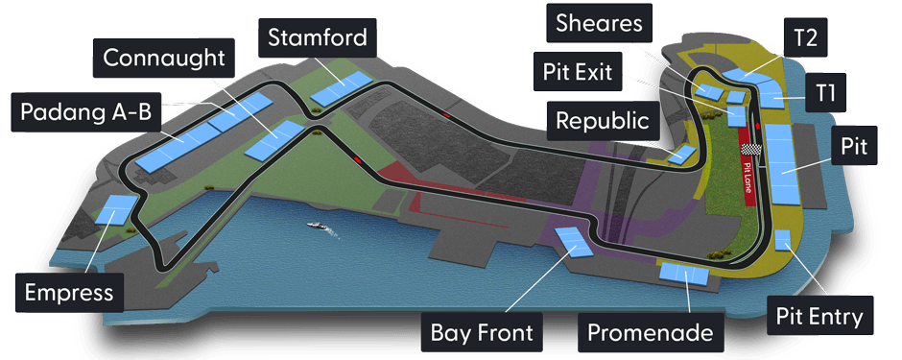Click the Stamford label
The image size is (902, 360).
pyautogui.click(x=318, y=38)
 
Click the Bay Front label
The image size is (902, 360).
pyautogui.click(x=482, y=333)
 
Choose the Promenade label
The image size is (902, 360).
pyautogui.click(x=651, y=333)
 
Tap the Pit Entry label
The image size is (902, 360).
pyautogui.click(x=819, y=316)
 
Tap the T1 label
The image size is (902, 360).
pyautogui.click(x=824, y=91)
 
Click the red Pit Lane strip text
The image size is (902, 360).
pyautogui.click(x=748, y=178)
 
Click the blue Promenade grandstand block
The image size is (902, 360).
pyautogui.click(x=684, y=274)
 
